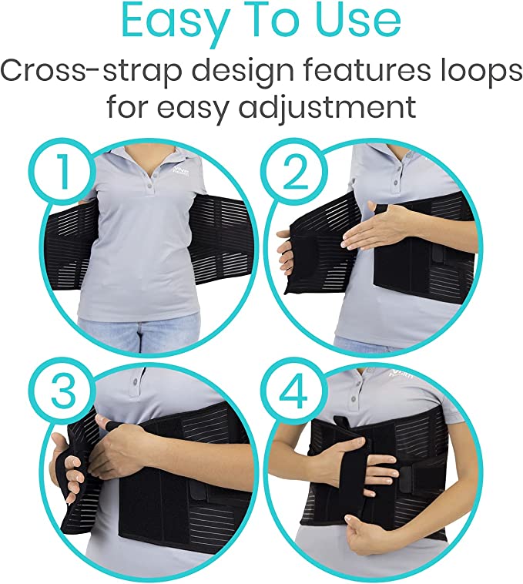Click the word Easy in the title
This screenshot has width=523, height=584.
(167, 23)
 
